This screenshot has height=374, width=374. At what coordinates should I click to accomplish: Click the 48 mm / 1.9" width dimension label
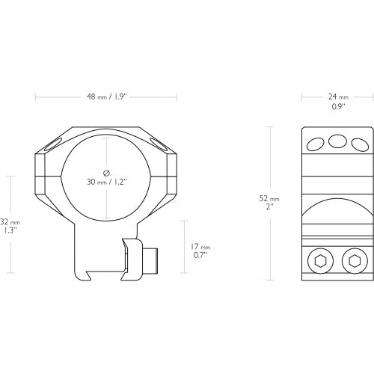click(x=107, y=96)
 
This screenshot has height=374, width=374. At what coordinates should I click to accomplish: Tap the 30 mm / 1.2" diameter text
click(x=107, y=182)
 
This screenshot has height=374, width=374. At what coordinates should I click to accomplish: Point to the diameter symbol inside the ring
click(x=106, y=173)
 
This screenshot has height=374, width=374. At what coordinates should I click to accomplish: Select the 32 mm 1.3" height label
click(x=10, y=226)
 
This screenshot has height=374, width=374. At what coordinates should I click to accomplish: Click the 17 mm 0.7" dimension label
click(x=200, y=251)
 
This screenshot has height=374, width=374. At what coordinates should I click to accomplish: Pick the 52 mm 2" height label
click(x=269, y=203)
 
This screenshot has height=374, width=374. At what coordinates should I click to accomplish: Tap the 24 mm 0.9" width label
click(x=338, y=101)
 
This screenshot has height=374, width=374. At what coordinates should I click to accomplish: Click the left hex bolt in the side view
click(x=321, y=261)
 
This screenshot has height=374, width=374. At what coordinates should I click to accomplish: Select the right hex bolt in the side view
click(x=355, y=261)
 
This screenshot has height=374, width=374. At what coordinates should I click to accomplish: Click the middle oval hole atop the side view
click(x=337, y=141)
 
